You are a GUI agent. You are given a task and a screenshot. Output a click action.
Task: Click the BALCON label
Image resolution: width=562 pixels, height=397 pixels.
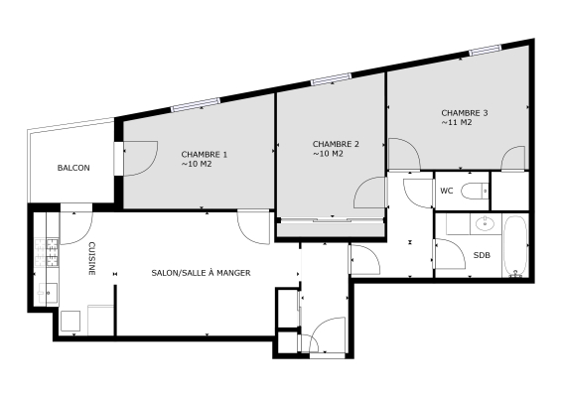[x=73, y=168]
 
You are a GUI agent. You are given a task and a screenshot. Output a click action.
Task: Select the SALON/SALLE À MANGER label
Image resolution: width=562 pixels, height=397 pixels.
[x=201, y=272]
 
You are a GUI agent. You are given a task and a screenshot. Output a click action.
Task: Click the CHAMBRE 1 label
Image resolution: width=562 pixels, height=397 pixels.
[x=205, y=154]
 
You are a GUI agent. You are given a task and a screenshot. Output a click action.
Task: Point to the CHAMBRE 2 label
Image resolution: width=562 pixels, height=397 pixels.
[x=336, y=144]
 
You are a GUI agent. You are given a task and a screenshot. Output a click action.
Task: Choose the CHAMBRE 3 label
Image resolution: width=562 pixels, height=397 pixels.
[x=465, y=113]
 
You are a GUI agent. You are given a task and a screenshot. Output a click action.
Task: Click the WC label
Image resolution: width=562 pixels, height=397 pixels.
[x=446, y=189]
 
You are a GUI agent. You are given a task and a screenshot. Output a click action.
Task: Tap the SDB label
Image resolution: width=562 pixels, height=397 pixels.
[x=482, y=255]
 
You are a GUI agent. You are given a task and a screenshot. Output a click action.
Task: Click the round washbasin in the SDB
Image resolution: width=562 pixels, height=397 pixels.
[x=486, y=222]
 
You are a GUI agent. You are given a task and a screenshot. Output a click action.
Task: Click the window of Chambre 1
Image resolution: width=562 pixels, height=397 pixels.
[x=195, y=103]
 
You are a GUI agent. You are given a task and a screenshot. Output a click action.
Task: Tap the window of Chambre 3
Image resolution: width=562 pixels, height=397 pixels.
[x=484, y=50]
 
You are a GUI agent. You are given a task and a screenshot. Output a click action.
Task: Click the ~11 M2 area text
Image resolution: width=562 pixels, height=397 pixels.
[x=457, y=124]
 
